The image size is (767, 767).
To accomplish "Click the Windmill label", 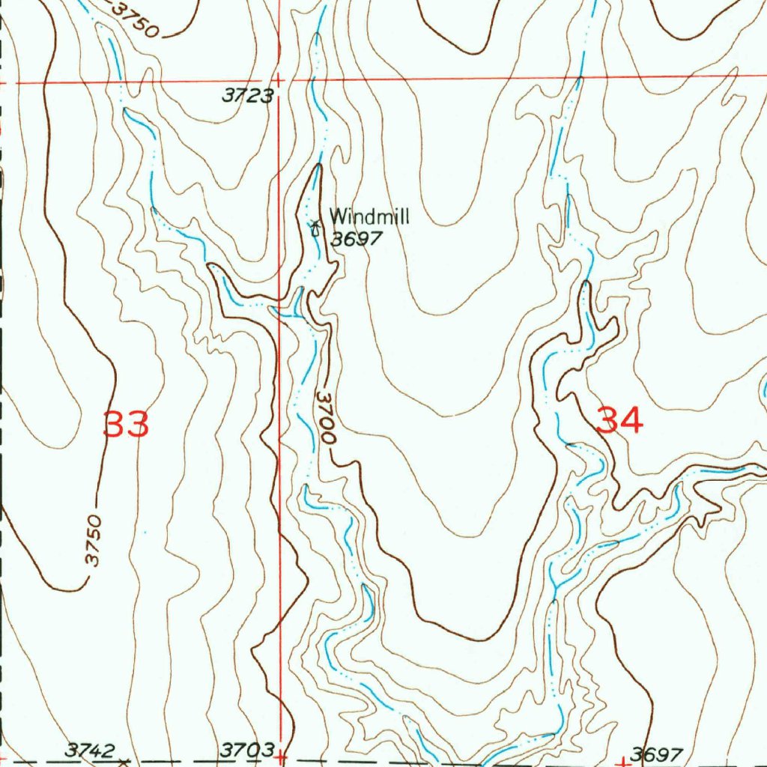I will click(x=369, y=217).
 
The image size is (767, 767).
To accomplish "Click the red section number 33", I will click(x=127, y=425).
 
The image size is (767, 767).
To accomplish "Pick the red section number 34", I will click(x=620, y=420).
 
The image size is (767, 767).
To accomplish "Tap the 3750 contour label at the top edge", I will click(x=136, y=19).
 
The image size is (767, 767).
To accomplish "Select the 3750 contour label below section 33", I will click(x=92, y=539).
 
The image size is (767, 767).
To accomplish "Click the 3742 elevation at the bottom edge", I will click(x=90, y=750).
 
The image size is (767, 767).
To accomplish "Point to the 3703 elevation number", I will click(x=246, y=750).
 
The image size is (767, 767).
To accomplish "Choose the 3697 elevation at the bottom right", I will click(x=657, y=754).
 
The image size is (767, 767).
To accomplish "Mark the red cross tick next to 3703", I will click(x=280, y=758).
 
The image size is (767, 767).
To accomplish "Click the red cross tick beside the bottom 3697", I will click(x=622, y=762).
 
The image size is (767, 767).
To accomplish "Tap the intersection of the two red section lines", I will click(x=279, y=79).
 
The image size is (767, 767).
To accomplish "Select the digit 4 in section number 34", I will click(x=631, y=420).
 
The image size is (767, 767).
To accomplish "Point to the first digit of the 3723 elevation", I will click(x=227, y=95).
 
